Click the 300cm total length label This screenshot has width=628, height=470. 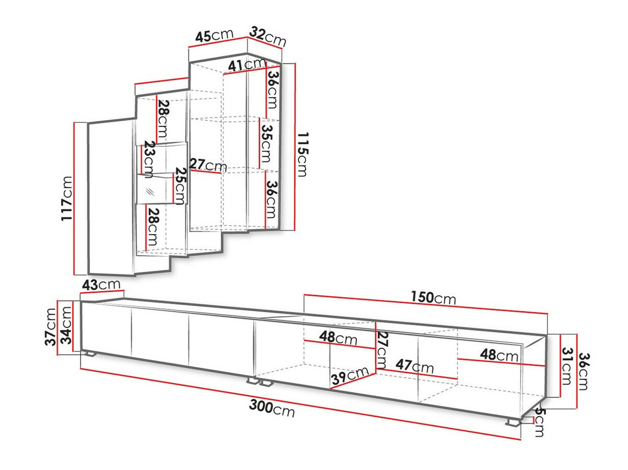[x=272, y=409]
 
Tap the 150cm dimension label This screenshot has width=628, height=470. [x=433, y=298]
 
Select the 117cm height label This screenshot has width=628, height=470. [x=67, y=199]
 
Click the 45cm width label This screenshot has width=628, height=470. [x=214, y=36]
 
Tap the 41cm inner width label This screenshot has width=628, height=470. [x=247, y=64]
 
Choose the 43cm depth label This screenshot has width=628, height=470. [x=101, y=284]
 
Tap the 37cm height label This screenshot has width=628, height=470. [x=51, y=327]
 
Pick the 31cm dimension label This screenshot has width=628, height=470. [x=566, y=365]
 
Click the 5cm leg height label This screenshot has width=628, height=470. [x=540, y=423]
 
